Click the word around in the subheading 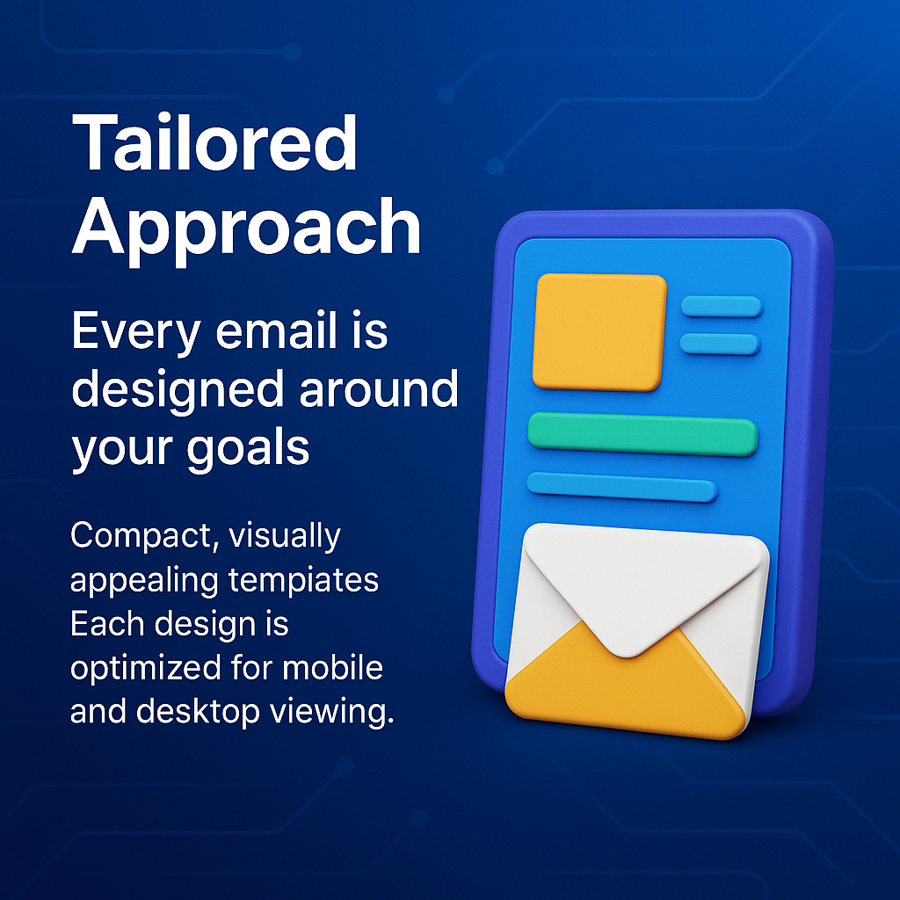click(x=379, y=388)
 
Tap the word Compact click(x=144, y=536)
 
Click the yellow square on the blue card click(x=599, y=330)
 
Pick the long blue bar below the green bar click(x=621, y=486)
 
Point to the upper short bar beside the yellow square click(x=721, y=306)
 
